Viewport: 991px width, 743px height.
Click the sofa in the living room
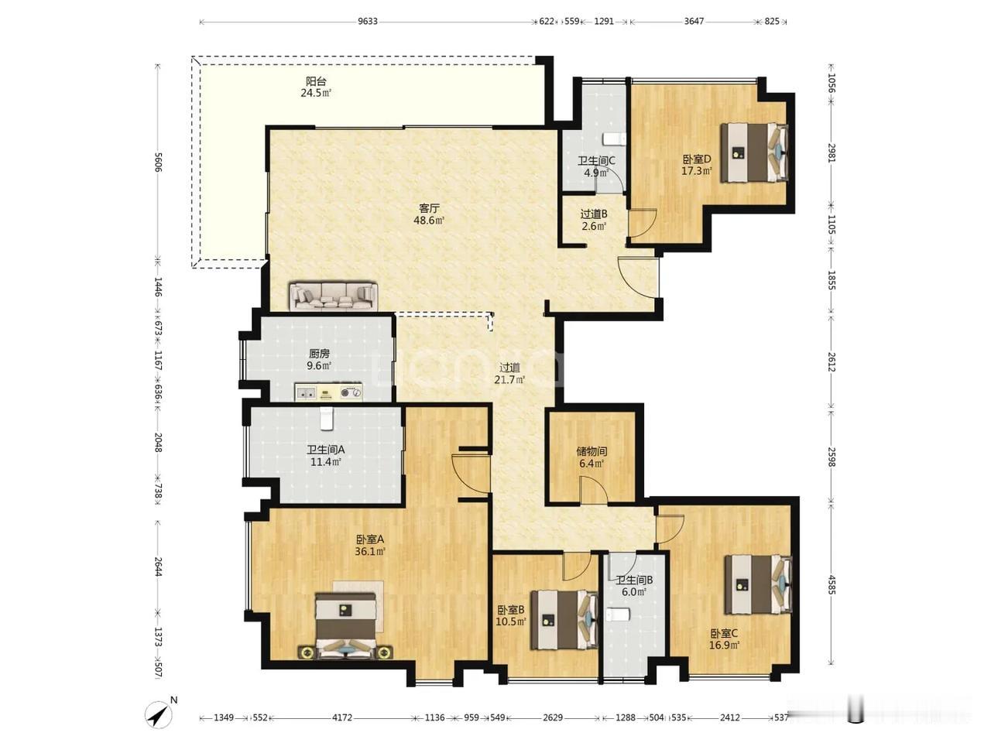click(x=333, y=296)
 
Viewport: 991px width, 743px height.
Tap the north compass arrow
click(x=159, y=714)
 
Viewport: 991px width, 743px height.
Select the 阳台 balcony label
click(x=316, y=81)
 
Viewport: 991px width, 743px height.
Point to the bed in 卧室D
click(x=754, y=152)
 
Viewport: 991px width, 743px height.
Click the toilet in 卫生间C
click(x=614, y=139)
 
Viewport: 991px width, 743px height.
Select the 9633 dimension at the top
click(x=368, y=21)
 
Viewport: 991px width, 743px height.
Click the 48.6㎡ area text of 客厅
click(x=429, y=221)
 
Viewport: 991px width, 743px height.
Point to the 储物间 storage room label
click(x=592, y=450)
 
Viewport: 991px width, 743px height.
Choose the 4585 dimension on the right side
click(x=832, y=584)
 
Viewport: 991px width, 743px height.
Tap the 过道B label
click(x=594, y=214)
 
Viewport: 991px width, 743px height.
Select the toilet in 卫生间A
click(x=326, y=418)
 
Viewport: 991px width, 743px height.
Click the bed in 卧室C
click(x=758, y=584)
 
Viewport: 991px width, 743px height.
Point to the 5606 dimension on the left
click(x=158, y=162)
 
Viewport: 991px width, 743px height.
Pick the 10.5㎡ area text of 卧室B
click(x=512, y=621)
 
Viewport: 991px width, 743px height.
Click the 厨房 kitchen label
click(x=319, y=353)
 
